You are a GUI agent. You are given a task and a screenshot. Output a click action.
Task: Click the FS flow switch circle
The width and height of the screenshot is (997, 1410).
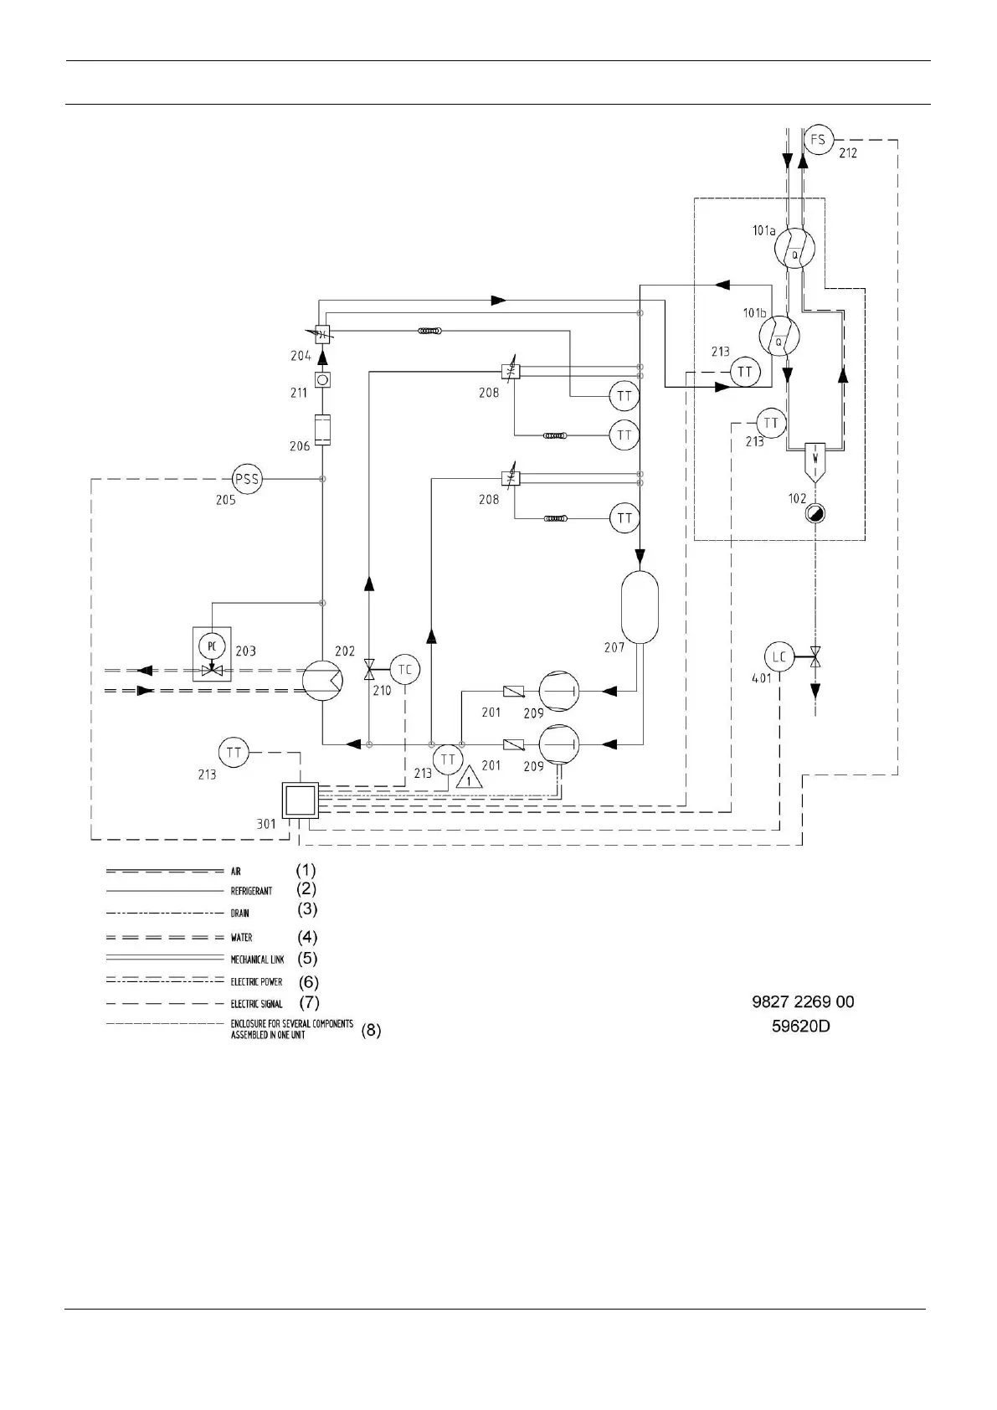(x=817, y=139)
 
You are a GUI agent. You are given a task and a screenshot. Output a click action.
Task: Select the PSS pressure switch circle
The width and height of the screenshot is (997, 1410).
(x=247, y=480)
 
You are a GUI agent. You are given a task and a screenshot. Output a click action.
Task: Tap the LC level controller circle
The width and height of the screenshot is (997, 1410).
(x=779, y=657)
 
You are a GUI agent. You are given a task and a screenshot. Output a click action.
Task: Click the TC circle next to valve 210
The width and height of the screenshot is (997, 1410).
(x=405, y=670)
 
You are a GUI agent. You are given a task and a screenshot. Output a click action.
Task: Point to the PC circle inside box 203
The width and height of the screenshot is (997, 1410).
(x=213, y=646)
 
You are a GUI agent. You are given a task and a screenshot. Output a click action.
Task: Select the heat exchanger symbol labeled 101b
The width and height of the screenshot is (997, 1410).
(x=779, y=335)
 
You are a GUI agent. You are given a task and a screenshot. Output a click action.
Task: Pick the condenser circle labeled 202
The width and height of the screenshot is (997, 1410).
(x=322, y=680)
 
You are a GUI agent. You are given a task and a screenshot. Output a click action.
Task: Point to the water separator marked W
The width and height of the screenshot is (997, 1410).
(x=814, y=457)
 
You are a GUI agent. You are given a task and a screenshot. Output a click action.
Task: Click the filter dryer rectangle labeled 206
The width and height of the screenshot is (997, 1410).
(x=322, y=429)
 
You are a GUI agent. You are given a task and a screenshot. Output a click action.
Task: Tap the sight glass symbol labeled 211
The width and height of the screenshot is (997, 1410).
(x=323, y=379)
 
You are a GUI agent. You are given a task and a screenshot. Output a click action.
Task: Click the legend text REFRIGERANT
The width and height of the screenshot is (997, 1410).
(x=251, y=891)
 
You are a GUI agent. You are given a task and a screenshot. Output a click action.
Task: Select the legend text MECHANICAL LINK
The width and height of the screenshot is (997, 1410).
(x=257, y=960)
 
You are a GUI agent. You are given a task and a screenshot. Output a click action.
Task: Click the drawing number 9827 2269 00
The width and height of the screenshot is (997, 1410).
(x=803, y=1002)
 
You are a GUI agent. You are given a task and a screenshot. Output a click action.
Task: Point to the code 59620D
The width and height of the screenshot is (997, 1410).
(x=800, y=1026)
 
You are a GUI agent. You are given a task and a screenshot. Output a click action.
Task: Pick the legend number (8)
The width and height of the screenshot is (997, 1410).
(x=371, y=1031)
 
